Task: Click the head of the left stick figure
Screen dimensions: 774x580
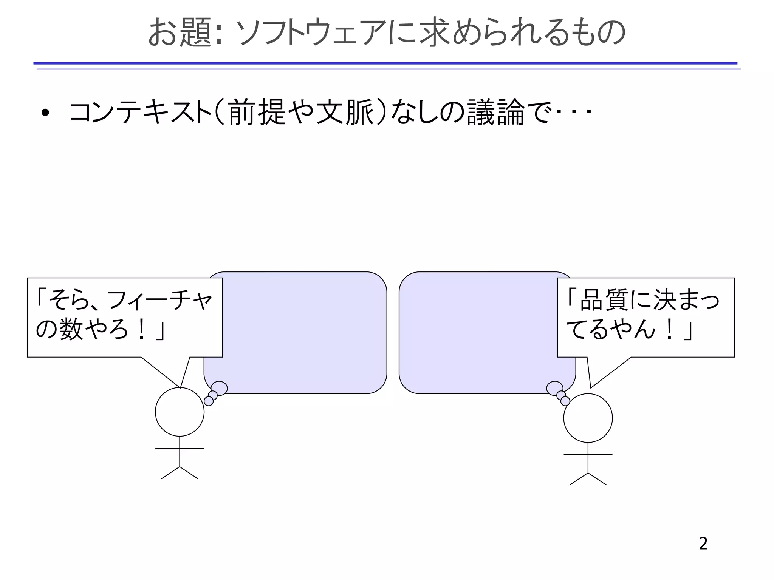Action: click(180, 412)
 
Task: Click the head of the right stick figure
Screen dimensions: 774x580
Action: click(588, 418)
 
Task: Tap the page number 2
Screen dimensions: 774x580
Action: click(703, 544)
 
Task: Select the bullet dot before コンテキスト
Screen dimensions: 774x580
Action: click(46, 113)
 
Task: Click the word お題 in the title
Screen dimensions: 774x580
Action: click(179, 33)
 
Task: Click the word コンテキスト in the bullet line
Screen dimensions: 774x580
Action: click(140, 113)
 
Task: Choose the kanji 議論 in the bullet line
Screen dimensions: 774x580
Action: click(495, 113)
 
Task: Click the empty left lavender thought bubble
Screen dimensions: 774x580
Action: click(302, 332)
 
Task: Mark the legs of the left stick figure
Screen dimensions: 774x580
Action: click(180, 472)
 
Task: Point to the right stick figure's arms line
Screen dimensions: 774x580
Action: click(588, 455)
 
